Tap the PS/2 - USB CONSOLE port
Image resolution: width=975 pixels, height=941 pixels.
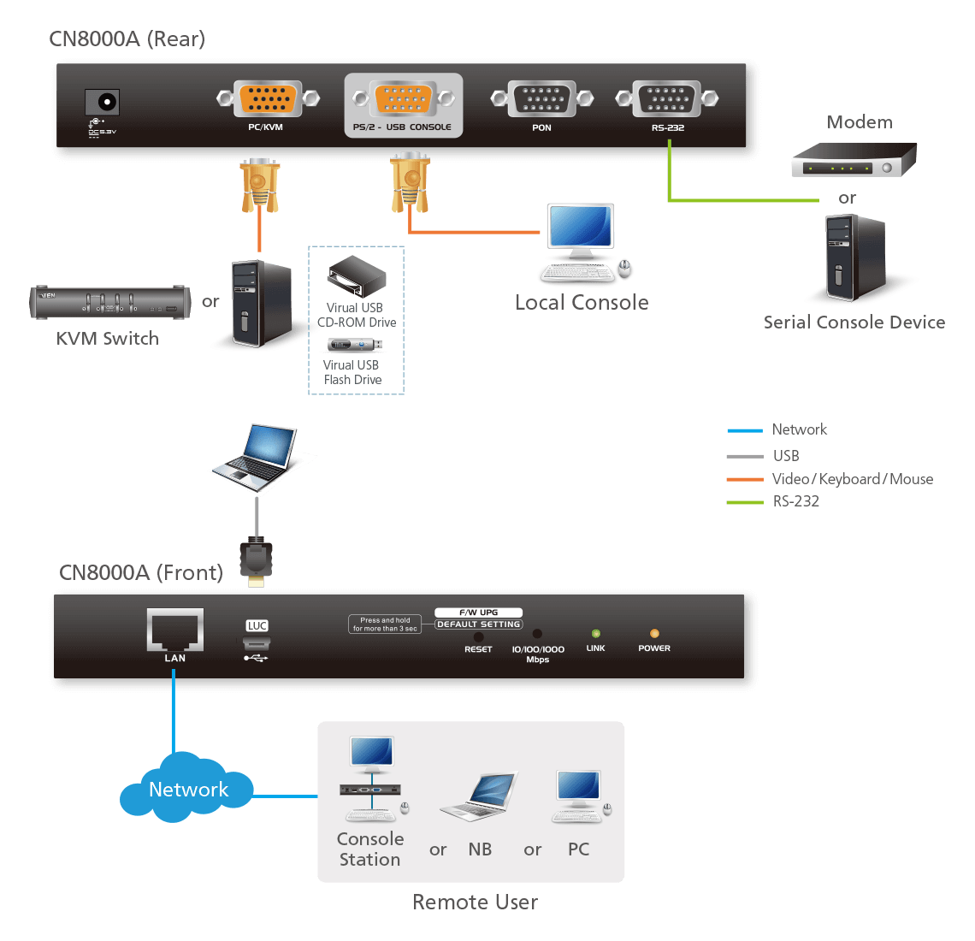click(x=403, y=99)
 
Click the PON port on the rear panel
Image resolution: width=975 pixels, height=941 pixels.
click(x=541, y=99)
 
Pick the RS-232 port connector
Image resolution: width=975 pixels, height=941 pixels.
click(x=666, y=99)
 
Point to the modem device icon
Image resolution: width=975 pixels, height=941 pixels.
click(x=853, y=160)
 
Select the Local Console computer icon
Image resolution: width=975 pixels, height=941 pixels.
click(x=582, y=244)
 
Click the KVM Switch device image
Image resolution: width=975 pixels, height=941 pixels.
click(x=108, y=302)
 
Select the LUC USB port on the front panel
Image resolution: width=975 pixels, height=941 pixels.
click(x=257, y=643)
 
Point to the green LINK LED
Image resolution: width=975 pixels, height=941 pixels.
click(x=596, y=634)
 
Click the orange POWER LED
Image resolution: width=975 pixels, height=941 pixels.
click(x=654, y=634)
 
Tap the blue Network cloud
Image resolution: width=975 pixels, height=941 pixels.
click(x=187, y=789)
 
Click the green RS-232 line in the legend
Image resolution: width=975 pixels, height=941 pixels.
click(x=744, y=502)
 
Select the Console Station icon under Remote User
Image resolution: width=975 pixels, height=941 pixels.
click(x=371, y=779)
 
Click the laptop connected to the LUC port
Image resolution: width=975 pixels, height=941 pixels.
click(x=260, y=458)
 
